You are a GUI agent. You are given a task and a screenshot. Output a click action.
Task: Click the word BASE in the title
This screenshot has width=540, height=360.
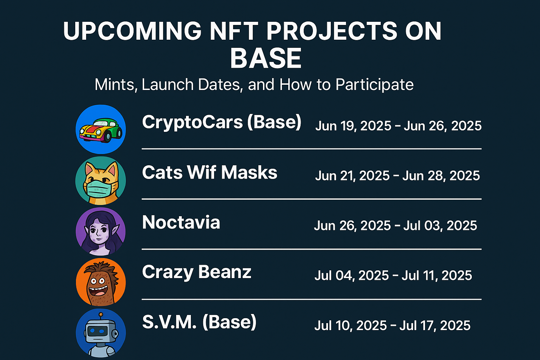pos(266,58)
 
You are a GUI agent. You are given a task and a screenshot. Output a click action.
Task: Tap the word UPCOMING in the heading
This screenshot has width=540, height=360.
pos(132,31)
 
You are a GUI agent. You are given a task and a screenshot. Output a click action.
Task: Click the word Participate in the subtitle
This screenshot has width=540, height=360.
pos(374,85)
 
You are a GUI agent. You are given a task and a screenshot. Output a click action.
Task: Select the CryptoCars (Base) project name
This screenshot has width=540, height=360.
pos(221,122)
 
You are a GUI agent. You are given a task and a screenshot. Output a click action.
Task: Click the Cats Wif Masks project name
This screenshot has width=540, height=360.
pos(210,172)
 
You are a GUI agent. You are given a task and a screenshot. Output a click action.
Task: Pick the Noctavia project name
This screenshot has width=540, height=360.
pos(181,222)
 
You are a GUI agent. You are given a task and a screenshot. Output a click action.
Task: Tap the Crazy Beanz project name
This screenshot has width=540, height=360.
pos(197,272)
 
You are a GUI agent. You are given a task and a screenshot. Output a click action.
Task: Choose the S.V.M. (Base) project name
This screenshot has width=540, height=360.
pos(199,322)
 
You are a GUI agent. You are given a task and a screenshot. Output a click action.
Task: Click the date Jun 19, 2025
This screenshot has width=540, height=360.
pos(353,126)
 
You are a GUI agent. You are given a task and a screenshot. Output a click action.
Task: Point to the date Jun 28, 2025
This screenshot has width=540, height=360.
pos(441,175)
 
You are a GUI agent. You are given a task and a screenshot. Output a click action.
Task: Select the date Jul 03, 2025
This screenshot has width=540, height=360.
pos(440,225)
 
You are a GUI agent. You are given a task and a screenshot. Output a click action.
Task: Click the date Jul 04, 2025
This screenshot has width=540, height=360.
pos(352,275)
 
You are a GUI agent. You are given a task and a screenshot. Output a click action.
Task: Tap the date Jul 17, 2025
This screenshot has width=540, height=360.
pos(435,326)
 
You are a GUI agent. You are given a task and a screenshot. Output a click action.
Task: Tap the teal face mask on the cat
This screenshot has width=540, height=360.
pos(98,189)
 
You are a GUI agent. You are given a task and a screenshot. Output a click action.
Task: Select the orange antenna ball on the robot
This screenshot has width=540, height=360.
pos(101,314)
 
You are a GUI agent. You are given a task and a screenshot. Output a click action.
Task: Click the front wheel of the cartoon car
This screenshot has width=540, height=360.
pos(107,137)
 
